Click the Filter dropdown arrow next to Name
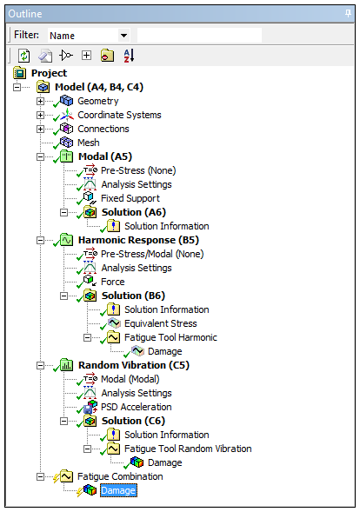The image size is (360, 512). (123, 36)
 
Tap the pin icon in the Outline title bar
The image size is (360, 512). (348, 14)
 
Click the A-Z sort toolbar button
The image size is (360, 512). (129, 56)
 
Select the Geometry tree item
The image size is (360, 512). (98, 101)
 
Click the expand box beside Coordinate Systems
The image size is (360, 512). (40, 115)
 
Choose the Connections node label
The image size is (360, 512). (103, 129)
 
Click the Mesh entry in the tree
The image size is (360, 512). (89, 143)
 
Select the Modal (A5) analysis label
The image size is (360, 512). (105, 156)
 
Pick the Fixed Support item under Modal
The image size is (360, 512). (130, 198)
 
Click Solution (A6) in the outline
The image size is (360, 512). (134, 212)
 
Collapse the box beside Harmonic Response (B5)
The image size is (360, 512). (40, 240)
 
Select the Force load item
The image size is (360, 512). (113, 282)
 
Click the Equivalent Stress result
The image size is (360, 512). (161, 323)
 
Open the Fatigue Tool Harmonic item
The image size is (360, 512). (170, 337)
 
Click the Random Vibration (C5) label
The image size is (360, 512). (134, 365)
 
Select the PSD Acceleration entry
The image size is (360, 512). (137, 407)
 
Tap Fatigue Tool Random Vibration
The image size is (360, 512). (188, 449)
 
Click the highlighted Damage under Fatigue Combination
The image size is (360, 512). (118, 490)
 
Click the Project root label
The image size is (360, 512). (49, 73)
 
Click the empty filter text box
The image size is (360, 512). (199, 36)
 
